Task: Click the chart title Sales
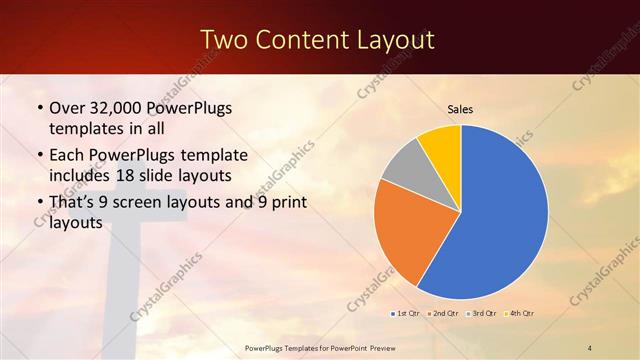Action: pyautogui.click(x=460, y=109)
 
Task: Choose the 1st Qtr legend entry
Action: pyautogui.click(x=405, y=314)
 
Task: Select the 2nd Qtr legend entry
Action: pyautogui.click(x=442, y=314)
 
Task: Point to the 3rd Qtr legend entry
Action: pyautogui.click(x=481, y=314)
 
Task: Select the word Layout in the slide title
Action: pyautogui.click(x=398, y=40)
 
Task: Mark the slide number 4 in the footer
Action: pyautogui.click(x=590, y=347)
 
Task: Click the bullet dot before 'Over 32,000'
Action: pyautogui.click(x=39, y=108)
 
